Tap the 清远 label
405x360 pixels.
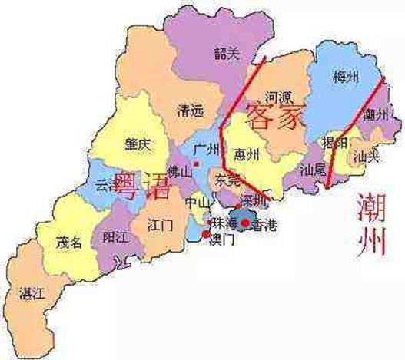tap(189, 111)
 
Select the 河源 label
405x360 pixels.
tap(276, 98)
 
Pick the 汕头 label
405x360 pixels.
tap(364, 157)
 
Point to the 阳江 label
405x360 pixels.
tap(116, 237)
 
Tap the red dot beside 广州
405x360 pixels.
tap(197, 163)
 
